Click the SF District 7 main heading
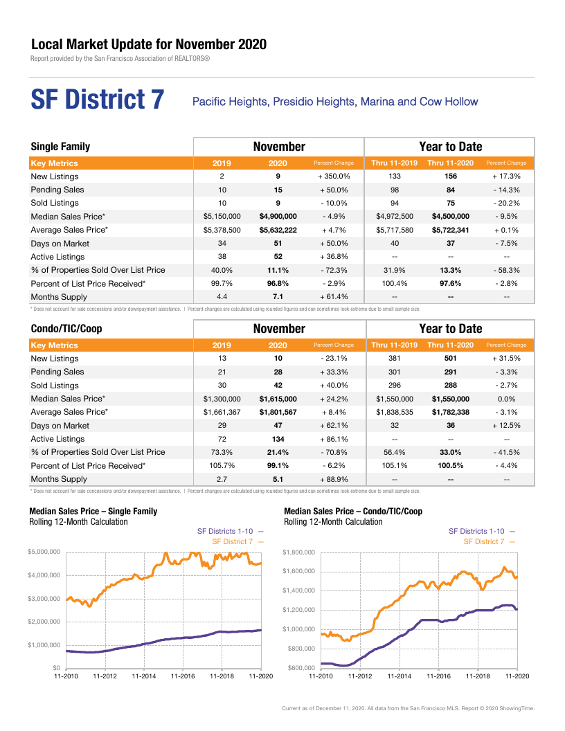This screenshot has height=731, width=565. [x=98, y=99]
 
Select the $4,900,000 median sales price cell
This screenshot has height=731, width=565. [x=278, y=216]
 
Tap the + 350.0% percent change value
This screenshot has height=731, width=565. [x=334, y=177]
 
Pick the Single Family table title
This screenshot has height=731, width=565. [x=60, y=146]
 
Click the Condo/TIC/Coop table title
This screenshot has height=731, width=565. [x=66, y=329]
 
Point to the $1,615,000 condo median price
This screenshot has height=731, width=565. [x=278, y=399]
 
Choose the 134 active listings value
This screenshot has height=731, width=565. [x=278, y=439]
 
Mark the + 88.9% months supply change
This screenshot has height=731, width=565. [x=334, y=479]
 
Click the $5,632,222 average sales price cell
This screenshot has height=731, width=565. [x=278, y=230]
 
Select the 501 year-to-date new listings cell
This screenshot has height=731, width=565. [x=450, y=358]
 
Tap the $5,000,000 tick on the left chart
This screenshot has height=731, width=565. [x=44, y=552]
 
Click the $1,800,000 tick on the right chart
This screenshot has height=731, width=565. [x=299, y=552]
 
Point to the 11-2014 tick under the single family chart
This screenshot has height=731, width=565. [x=143, y=676]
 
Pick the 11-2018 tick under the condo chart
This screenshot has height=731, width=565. [x=478, y=676]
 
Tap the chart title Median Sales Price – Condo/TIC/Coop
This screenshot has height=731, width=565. [x=353, y=511]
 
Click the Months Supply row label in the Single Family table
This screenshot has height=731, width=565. [x=59, y=297]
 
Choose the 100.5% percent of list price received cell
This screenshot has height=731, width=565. [x=450, y=465]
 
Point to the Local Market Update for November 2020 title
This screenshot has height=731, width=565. [x=149, y=44]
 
